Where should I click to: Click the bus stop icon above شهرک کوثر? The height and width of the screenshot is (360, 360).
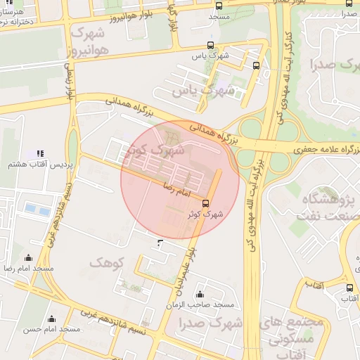205,203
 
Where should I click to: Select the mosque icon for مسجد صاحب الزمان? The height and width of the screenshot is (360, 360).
200,294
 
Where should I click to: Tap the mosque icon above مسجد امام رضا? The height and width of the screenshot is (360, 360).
28,258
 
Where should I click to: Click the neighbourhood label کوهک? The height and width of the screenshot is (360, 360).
107,262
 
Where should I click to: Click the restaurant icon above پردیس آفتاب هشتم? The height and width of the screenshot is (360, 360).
39,153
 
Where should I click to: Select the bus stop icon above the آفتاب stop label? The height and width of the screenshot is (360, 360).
349,288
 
